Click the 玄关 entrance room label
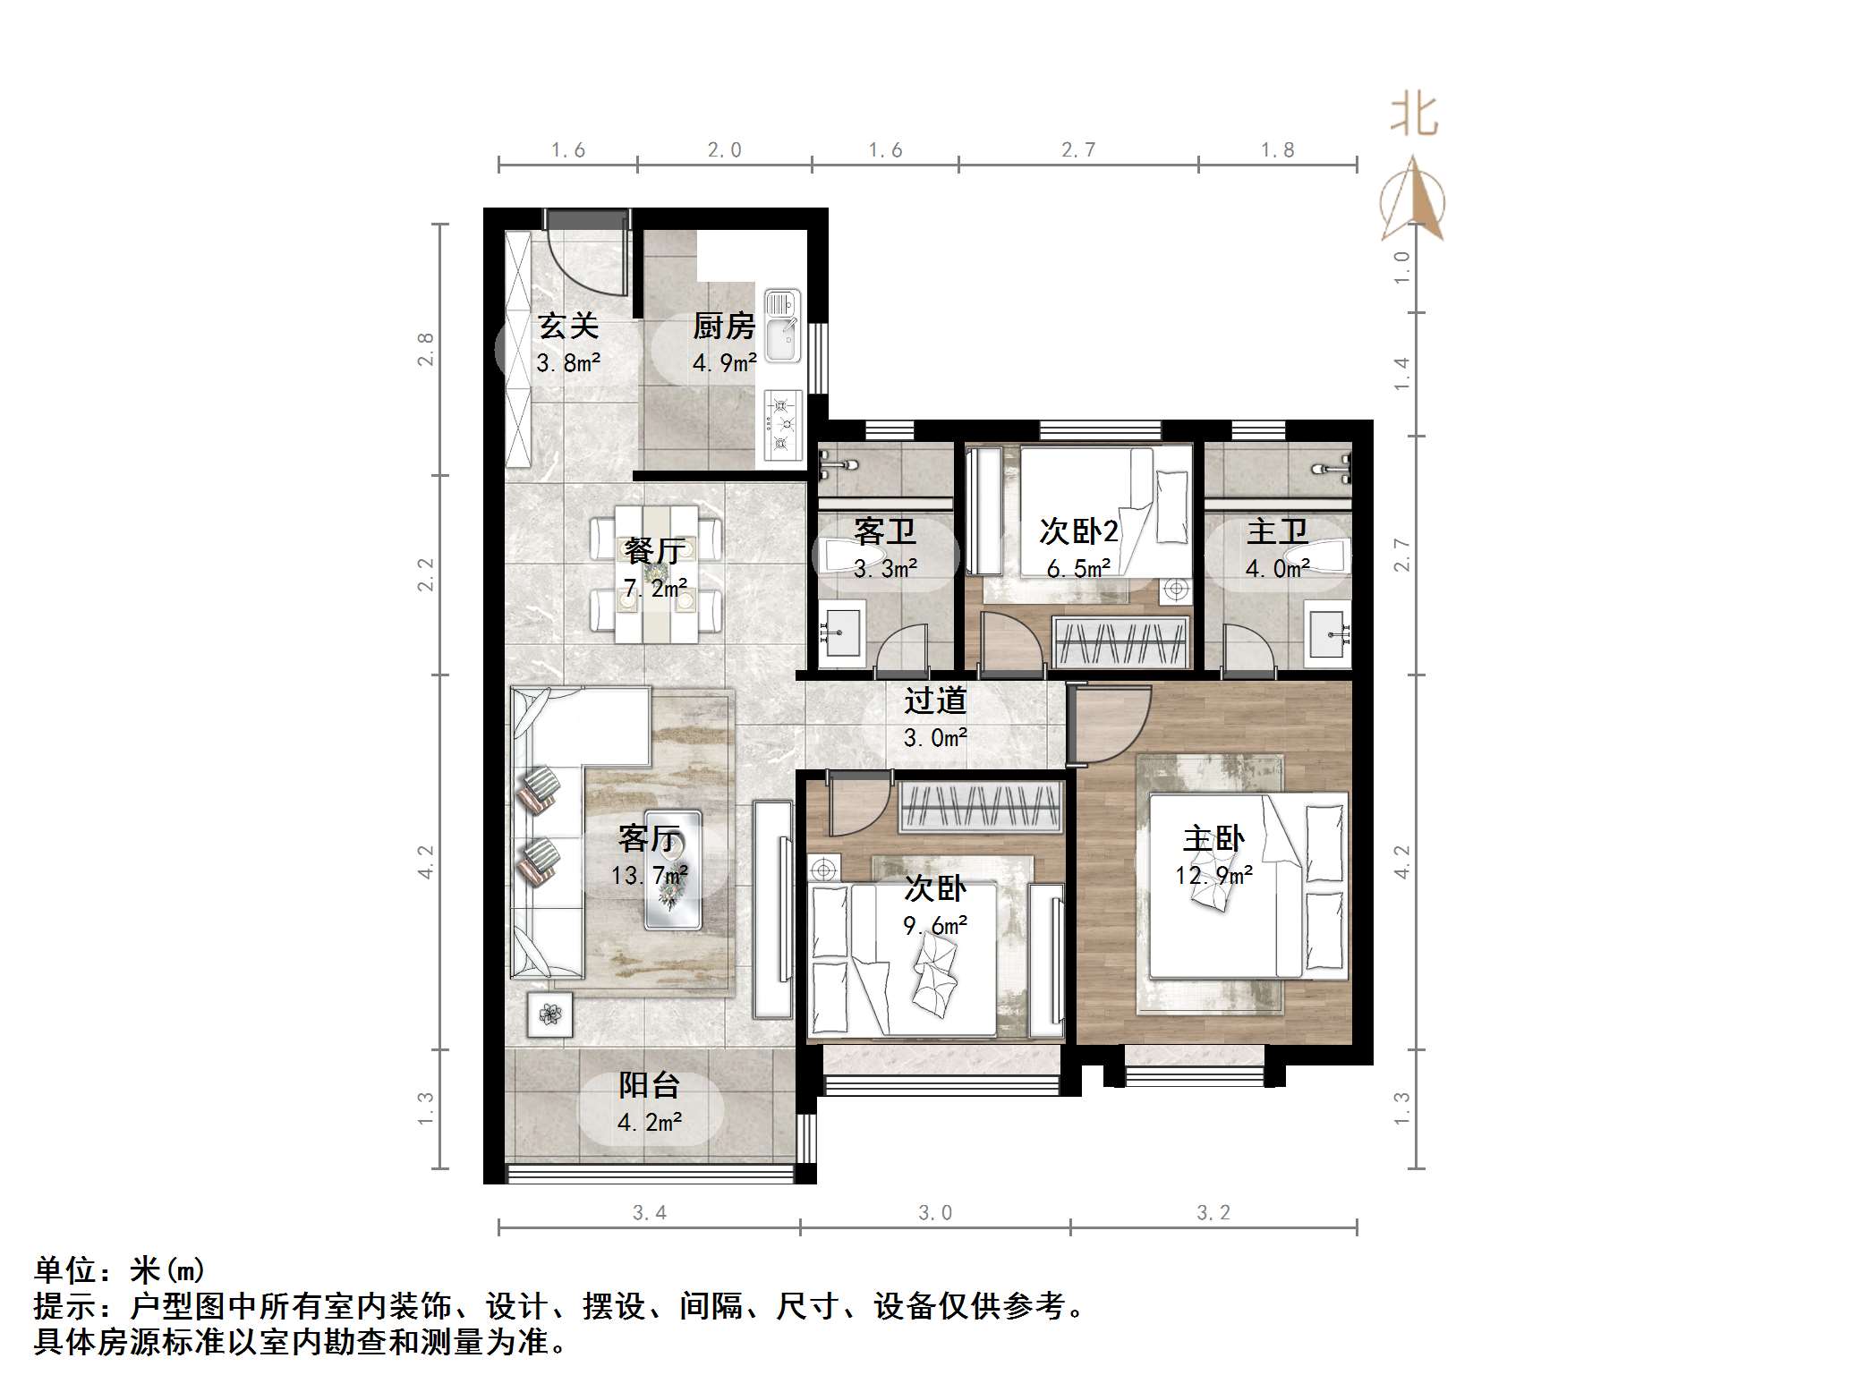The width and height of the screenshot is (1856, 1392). pyautogui.click(x=568, y=327)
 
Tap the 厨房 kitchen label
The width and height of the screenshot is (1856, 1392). pyautogui.click(x=723, y=327)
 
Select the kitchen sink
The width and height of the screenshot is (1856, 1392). pyautogui.click(x=782, y=327)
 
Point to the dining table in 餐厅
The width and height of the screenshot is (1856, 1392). pyautogui.click(x=656, y=572)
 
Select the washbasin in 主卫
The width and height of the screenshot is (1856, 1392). pyautogui.click(x=1327, y=636)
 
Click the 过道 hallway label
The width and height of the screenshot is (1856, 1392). pyautogui.click(x=935, y=700)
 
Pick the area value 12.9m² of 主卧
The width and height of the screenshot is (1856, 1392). pyautogui.click(x=1213, y=875)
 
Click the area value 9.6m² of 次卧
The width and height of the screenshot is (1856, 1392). pyautogui.click(x=935, y=926)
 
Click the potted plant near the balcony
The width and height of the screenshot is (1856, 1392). pyautogui.click(x=549, y=1014)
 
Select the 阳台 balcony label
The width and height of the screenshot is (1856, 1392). pyautogui.click(x=650, y=1085)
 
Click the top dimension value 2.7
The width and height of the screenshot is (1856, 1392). pyautogui.click(x=1078, y=150)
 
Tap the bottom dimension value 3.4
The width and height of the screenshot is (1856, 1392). pyautogui.click(x=649, y=1213)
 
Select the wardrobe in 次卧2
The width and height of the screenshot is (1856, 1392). pyautogui.click(x=1122, y=642)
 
